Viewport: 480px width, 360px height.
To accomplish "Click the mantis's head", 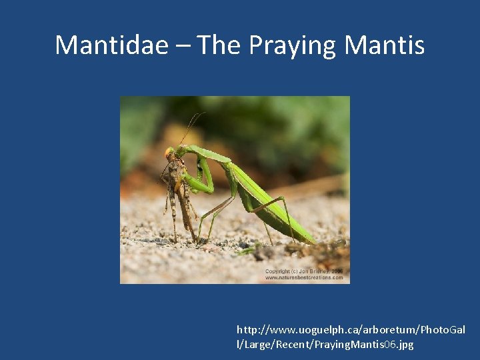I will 171,153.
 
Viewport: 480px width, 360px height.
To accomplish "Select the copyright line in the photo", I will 304,271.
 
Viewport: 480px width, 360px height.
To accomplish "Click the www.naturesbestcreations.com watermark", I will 304,277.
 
